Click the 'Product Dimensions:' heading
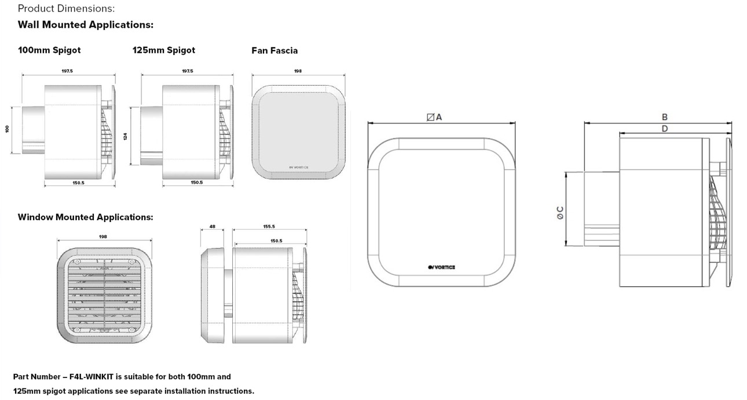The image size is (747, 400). pyautogui.click(x=66, y=9)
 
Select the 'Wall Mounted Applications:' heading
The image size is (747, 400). pyautogui.click(x=85, y=25)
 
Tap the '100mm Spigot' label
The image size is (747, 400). pyautogui.click(x=49, y=50)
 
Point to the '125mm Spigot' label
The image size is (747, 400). pyautogui.click(x=163, y=50)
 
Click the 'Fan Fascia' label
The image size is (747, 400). pyautogui.click(x=274, y=51)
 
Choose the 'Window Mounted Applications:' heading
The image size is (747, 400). pyautogui.click(x=85, y=217)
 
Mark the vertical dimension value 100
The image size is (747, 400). pyautogui.click(x=8, y=129)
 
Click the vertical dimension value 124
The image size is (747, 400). pyautogui.click(x=125, y=136)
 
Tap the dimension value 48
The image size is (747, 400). pyautogui.click(x=212, y=227)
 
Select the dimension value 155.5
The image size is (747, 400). pyautogui.click(x=269, y=227)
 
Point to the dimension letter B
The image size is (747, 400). pyautogui.click(x=665, y=117)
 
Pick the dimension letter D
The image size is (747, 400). pyautogui.click(x=665, y=129)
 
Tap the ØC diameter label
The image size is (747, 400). pyautogui.click(x=560, y=212)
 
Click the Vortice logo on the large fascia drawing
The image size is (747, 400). pyautogui.click(x=441, y=267)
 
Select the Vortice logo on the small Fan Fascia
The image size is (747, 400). pyautogui.click(x=298, y=168)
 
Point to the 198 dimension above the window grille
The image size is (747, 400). pyautogui.click(x=103, y=237)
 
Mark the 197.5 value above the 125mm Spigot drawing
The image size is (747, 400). pyautogui.click(x=187, y=71)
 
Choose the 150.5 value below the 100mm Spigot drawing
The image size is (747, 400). pyautogui.click(x=78, y=183)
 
